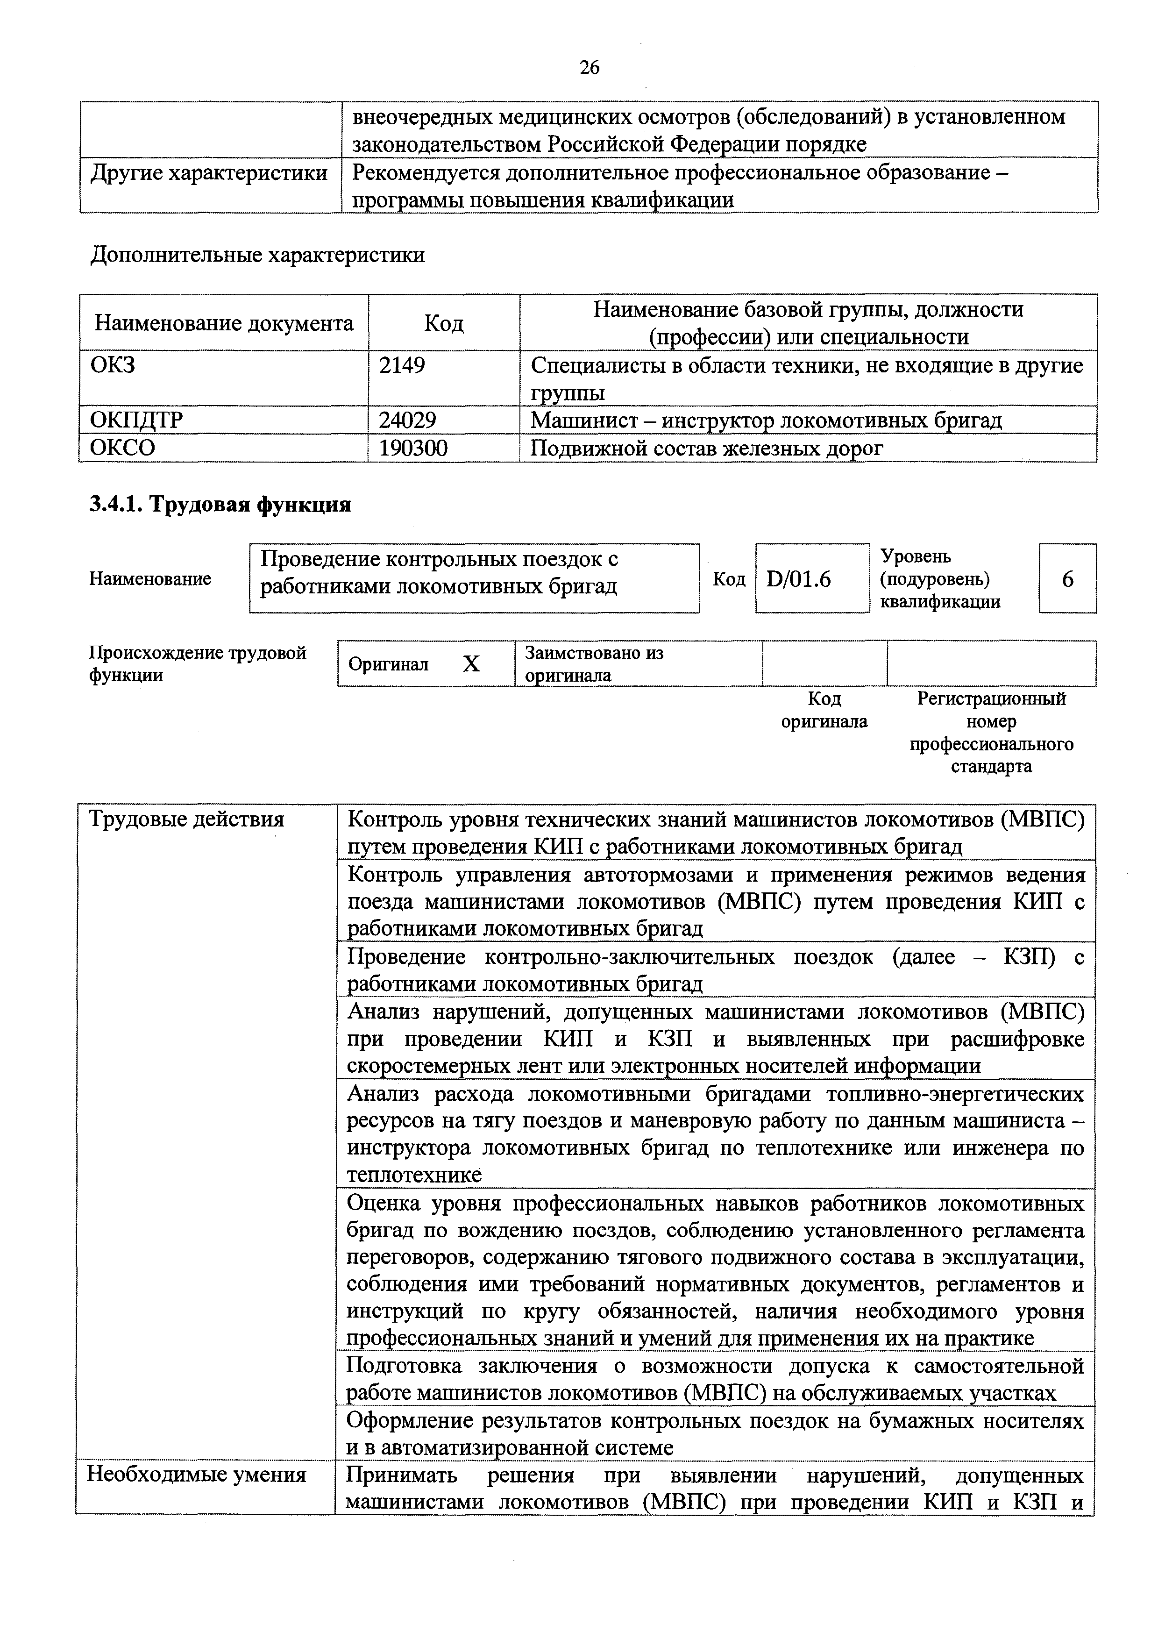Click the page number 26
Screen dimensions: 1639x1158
[590, 67]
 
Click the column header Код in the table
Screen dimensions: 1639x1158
[444, 323]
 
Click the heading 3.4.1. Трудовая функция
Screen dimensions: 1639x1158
[220, 505]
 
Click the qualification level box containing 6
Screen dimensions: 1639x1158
[1067, 579]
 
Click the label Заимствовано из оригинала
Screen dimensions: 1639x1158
[594, 664]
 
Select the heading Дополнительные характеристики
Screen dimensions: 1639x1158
[257, 255]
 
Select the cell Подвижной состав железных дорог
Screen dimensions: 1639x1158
[707, 449]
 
